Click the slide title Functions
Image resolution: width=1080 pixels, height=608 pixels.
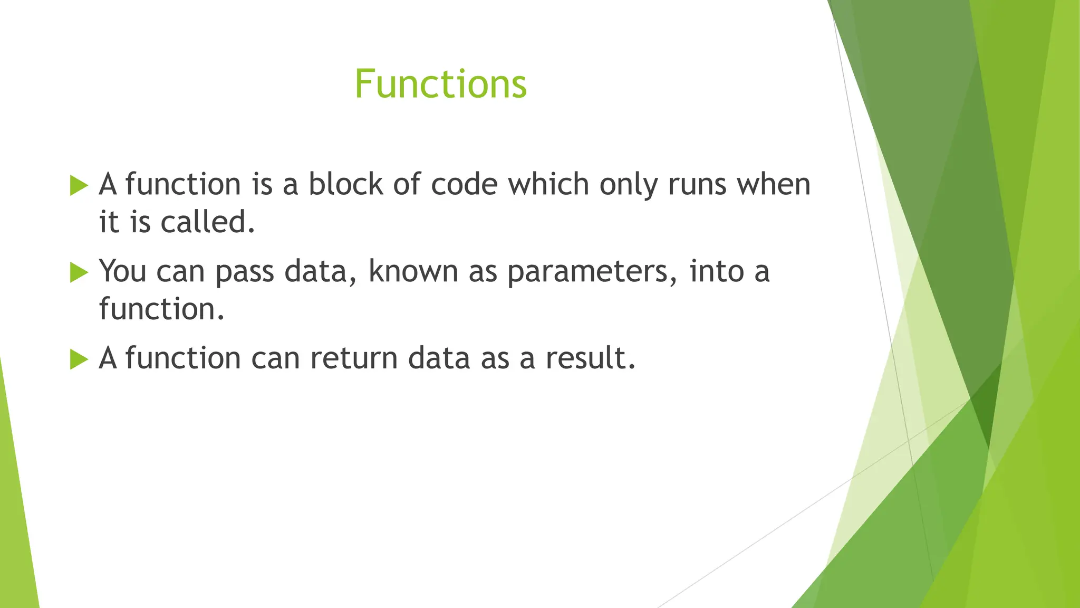pyautogui.click(x=440, y=84)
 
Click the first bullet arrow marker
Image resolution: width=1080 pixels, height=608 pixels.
pyautogui.click(x=79, y=186)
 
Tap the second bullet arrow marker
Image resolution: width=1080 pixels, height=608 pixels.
pyautogui.click(x=79, y=273)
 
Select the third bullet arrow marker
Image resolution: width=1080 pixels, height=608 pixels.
pyautogui.click(x=79, y=359)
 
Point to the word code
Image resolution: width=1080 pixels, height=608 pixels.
pyautogui.click(x=464, y=184)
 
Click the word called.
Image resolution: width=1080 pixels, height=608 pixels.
pyautogui.click(x=208, y=222)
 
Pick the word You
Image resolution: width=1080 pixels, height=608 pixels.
pyautogui.click(x=122, y=271)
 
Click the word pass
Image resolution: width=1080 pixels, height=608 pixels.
pyautogui.click(x=245, y=272)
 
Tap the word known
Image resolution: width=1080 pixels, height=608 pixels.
pyautogui.click(x=413, y=271)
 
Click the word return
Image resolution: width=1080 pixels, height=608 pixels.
pyautogui.click(x=354, y=358)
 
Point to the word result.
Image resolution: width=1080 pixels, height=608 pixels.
pyautogui.click(x=590, y=358)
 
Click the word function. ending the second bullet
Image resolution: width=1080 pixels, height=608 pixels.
pyautogui.click(x=161, y=309)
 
